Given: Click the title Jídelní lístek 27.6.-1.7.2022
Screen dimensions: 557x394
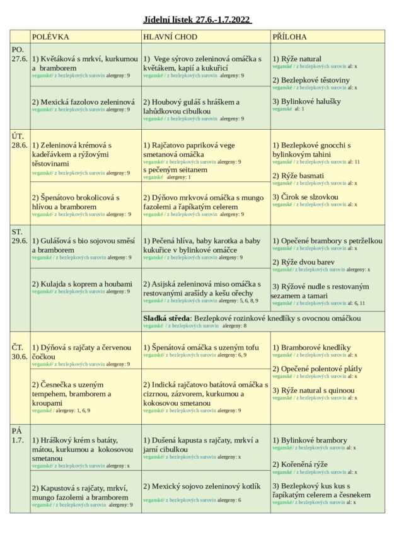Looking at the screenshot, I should (x=197, y=20).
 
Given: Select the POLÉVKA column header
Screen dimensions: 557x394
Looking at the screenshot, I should (x=50, y=37).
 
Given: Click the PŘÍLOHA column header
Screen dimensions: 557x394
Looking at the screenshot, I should (x=290, y=37).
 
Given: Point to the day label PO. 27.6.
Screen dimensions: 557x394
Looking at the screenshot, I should (x=20, y=54).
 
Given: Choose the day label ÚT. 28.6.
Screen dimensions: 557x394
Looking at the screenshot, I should (x=20, y=140).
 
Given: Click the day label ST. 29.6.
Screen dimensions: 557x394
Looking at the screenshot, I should (x=20, y=236).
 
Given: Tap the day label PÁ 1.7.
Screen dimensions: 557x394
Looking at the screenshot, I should (x=18, y=435).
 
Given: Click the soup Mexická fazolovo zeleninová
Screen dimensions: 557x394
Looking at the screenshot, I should (x=84, y=101).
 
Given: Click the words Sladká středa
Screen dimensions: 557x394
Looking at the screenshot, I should (x=166, y=318).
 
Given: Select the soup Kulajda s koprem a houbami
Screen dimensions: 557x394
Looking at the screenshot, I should (x=83, y=284).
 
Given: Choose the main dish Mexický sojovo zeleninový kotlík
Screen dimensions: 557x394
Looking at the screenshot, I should (x=201, y=486).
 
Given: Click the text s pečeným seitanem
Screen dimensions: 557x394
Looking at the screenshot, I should (x=175, y=169).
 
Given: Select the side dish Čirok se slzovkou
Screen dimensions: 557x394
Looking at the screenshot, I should (x=305, y=197).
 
